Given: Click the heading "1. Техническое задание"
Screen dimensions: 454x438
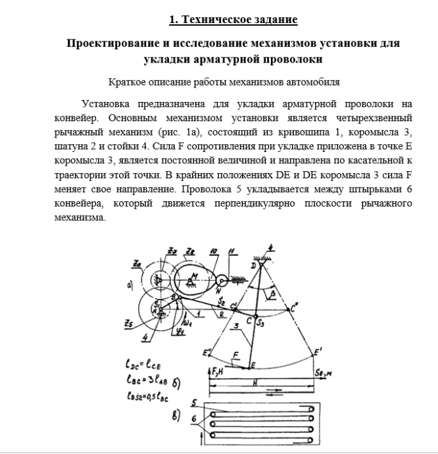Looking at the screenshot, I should (233, 20).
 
